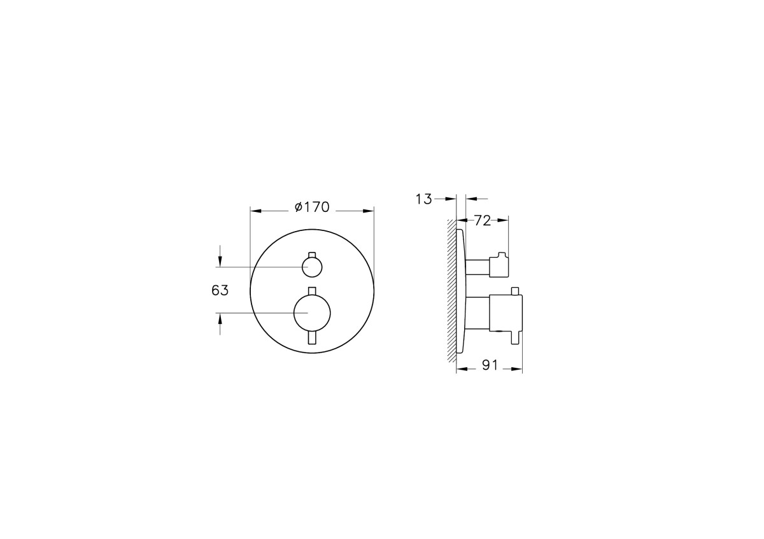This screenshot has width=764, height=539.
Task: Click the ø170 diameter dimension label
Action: (312, 207)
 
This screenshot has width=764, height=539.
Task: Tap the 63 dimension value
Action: (220, 290)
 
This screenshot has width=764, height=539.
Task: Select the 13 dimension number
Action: (423, 199)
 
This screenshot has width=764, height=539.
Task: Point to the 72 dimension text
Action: (483, 221)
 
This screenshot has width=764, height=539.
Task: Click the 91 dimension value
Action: (490, 365)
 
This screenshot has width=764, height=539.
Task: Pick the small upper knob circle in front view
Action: (312, 267)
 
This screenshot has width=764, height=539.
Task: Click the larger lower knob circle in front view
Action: (311, 312)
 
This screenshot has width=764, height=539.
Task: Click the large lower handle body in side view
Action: (505, 313)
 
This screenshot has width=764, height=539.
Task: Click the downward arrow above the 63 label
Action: (220, 260)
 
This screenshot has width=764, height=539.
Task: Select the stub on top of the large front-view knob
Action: (311, 291)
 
